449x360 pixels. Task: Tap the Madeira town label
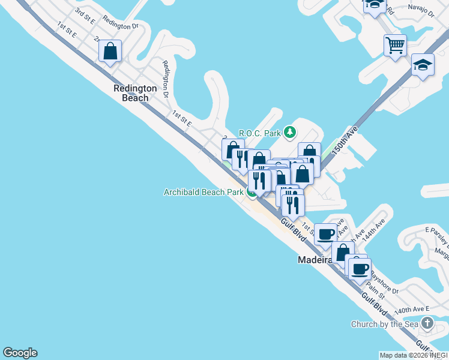click(315, 260)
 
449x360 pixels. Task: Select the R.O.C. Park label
click(261, 133)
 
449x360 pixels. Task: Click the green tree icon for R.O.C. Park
click(290, 132)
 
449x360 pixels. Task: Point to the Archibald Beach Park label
click(203, 192)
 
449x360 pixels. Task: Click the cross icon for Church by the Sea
click(427, 324)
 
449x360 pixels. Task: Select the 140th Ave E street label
click(412, 310)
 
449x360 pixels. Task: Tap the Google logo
click(20, 353)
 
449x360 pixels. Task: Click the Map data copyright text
click(414, 355)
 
